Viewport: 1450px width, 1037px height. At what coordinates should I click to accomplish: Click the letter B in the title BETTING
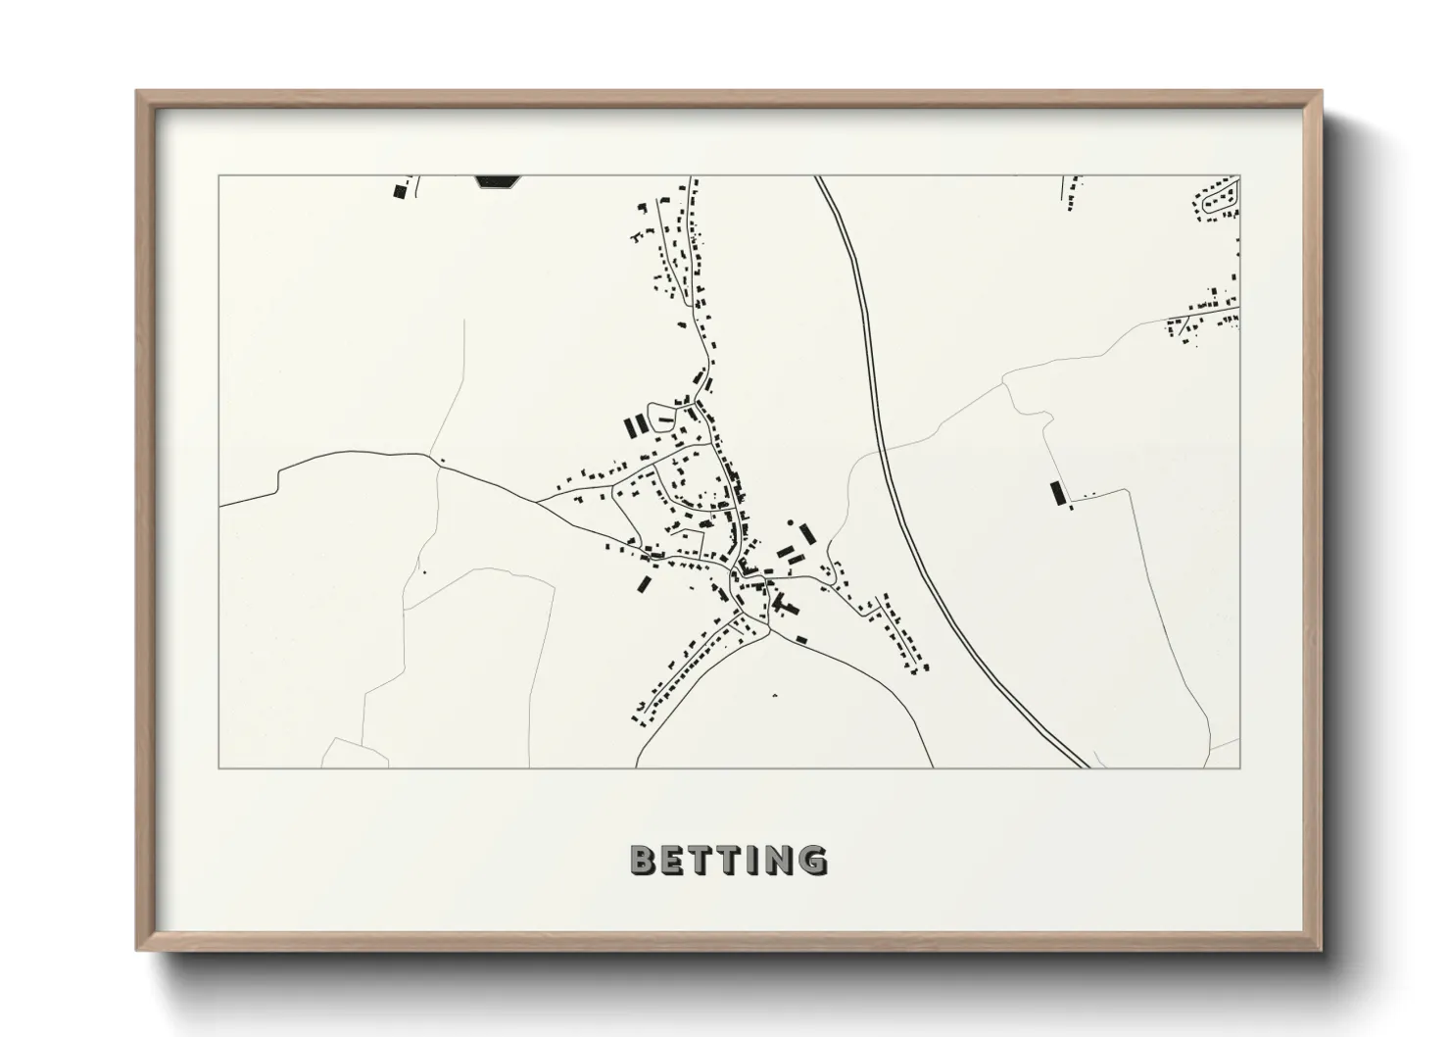643,861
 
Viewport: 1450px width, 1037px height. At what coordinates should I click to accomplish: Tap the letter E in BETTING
673,861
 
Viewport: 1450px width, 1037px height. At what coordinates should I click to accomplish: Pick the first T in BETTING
702,861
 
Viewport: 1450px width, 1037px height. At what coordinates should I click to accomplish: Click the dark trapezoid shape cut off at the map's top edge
498,180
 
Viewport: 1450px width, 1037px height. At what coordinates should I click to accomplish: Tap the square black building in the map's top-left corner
399,191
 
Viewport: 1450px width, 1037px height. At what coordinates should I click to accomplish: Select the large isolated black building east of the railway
1056,492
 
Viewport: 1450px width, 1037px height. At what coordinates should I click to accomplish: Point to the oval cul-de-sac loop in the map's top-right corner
1221,199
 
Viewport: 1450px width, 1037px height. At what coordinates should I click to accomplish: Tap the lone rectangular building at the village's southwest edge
644,584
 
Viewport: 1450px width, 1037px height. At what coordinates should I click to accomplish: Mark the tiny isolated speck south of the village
774,694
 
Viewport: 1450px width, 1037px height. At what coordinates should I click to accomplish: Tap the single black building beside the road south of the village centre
801,639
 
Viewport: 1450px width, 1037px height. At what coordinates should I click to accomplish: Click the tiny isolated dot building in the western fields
424,571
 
